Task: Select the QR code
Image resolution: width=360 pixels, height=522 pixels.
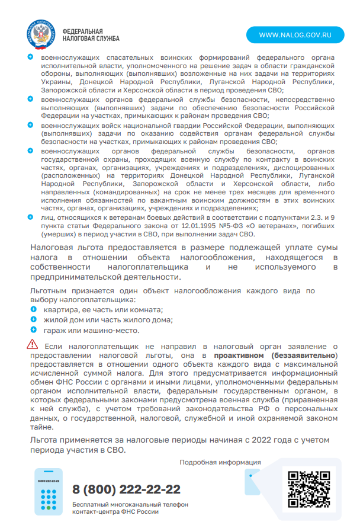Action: point(308,489)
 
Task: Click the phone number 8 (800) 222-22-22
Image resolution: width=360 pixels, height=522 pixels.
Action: point(126,489)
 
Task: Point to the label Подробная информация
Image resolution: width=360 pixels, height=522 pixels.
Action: point(220,462)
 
